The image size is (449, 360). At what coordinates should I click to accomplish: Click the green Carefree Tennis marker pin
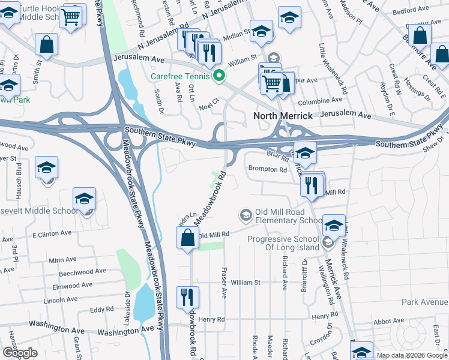[220, 76]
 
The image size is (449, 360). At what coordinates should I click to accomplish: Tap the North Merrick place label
[283, 116]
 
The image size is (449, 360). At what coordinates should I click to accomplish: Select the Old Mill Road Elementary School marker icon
[246, 214]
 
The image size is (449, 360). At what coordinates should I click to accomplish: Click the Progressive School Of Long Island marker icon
[328, 242]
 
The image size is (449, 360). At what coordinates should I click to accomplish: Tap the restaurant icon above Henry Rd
[187, 296]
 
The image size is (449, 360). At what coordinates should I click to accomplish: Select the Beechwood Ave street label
[70, 272]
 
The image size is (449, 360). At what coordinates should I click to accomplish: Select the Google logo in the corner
[20, 353]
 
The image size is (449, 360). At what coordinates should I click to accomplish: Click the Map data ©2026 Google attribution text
[412, 356]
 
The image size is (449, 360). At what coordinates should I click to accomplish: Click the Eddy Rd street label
[97, 310]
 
